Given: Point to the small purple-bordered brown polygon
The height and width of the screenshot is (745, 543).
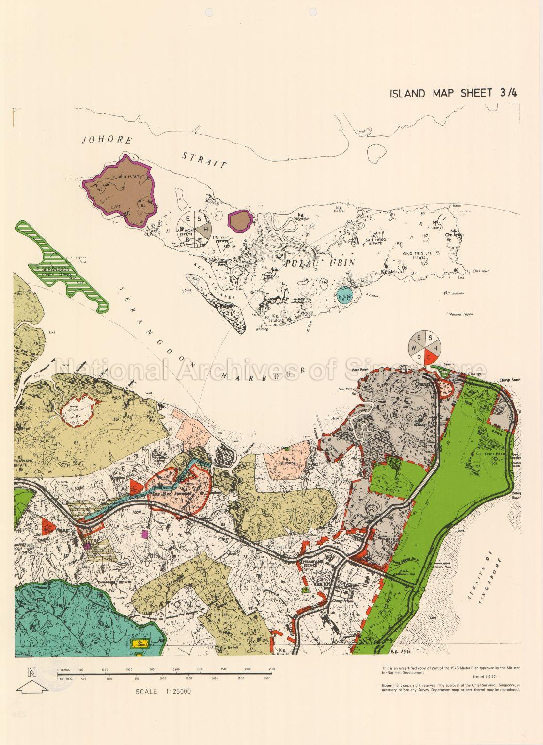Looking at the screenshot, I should pyautogui.click(x=240, y=221).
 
